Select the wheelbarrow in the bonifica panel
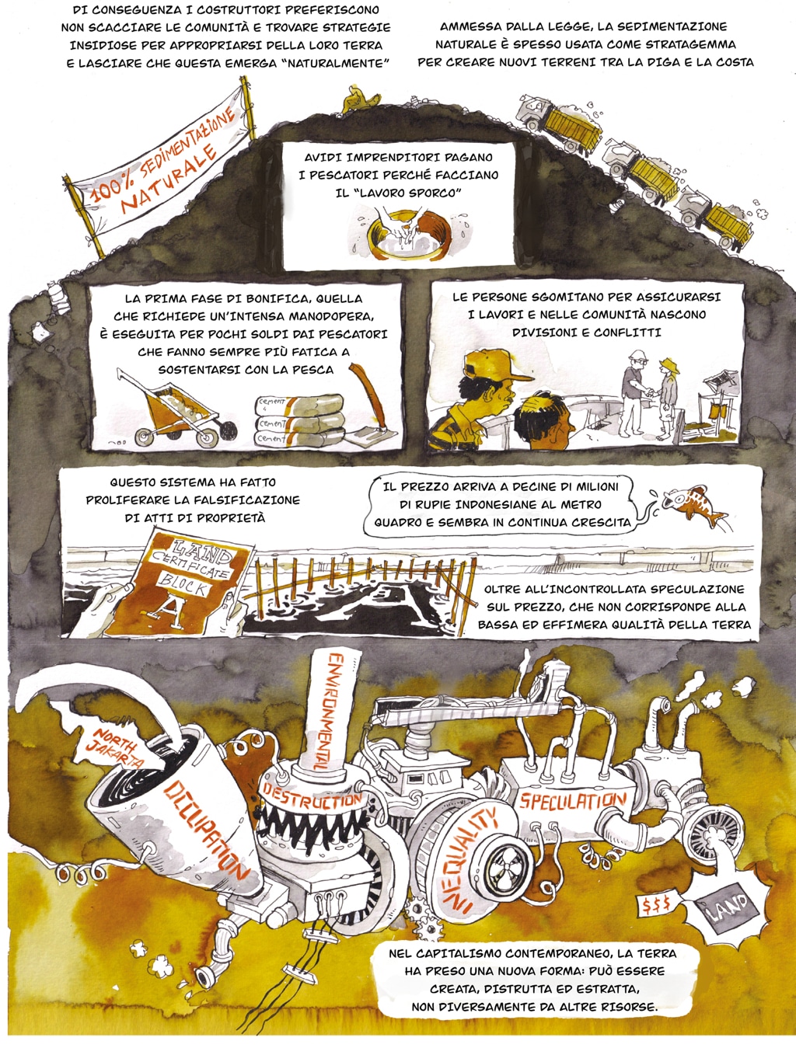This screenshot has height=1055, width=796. click(176, 408)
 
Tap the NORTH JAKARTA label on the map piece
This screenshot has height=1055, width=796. click(115, 747)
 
